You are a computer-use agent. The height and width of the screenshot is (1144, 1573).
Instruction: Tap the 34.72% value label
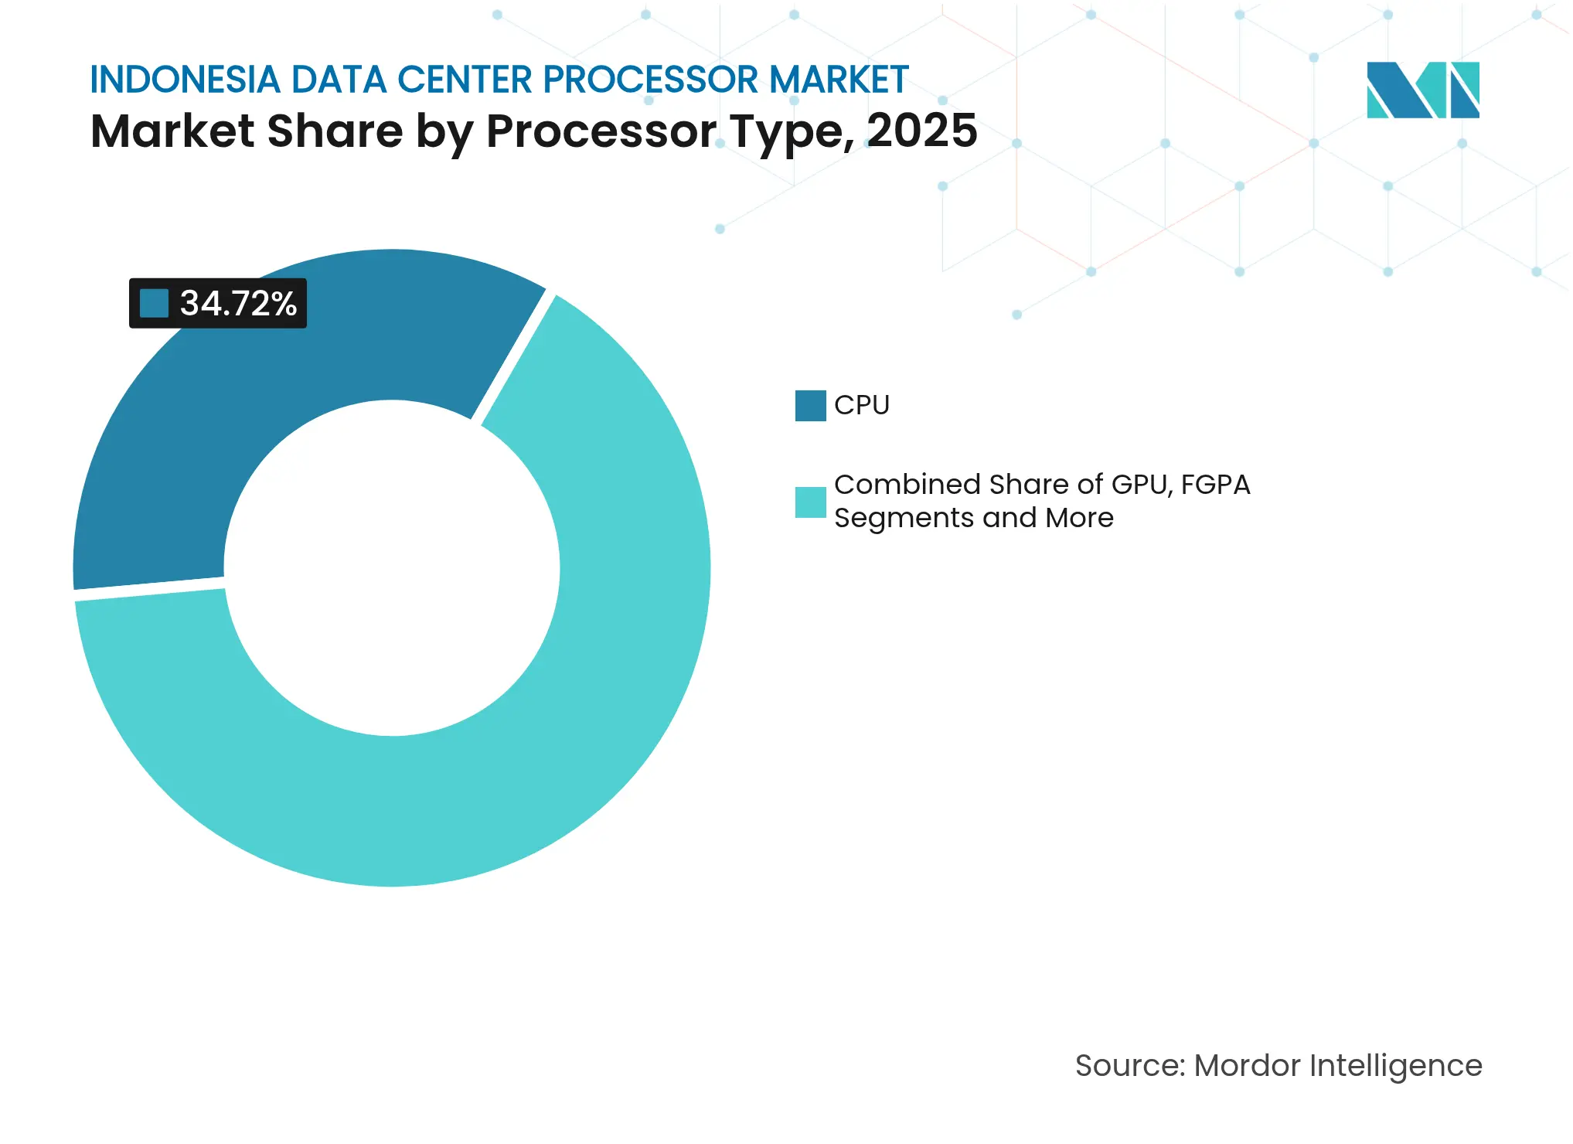coord(238,303)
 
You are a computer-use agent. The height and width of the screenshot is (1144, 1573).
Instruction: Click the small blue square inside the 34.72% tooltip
coord(154,303)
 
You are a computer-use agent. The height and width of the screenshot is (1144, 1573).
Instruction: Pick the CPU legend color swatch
coord(810,405)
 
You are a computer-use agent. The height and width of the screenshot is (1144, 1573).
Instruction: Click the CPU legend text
coord(862,405)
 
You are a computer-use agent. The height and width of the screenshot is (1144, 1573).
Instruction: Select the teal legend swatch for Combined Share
coord(810,502)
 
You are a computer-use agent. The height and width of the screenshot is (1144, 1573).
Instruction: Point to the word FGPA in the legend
coord(1215,485)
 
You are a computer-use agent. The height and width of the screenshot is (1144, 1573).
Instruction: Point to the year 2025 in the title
coord(921,131)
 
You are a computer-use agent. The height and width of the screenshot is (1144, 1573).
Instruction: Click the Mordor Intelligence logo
coord(1422,90)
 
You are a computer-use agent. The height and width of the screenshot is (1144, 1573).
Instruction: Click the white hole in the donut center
coord(392,568)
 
